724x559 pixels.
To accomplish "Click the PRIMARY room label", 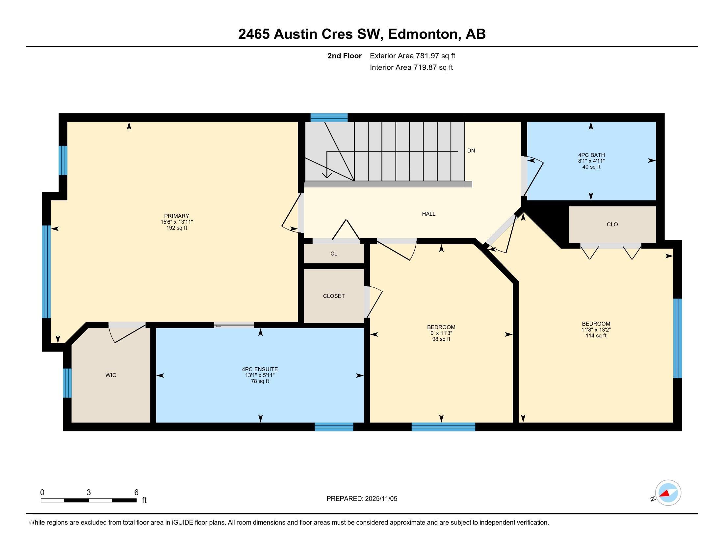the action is (176, 216).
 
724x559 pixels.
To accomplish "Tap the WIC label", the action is (111, 375).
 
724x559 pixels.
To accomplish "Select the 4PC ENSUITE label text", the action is (260, 369).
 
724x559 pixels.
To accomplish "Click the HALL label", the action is (428, 214).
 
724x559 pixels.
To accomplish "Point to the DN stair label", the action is (471, 151).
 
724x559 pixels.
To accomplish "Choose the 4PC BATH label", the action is (591, 155).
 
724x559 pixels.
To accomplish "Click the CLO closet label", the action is (612, 225).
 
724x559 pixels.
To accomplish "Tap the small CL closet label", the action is (334, 254).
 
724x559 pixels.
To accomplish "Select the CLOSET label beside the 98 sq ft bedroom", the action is (334, 296).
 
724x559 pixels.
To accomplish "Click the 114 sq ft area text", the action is (596, 335).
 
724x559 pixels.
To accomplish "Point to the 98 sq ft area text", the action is (441, 339).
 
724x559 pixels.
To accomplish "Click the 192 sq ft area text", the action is (177, 228).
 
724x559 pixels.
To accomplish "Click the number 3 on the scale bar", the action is (89, 493).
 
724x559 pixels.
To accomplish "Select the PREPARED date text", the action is (362, 499).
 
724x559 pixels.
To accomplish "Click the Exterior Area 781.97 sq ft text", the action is (412, 56).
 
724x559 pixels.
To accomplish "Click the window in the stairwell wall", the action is (329, 118).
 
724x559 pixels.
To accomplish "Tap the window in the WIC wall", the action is (67, 383).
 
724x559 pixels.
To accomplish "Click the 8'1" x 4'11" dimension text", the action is (591, 161).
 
